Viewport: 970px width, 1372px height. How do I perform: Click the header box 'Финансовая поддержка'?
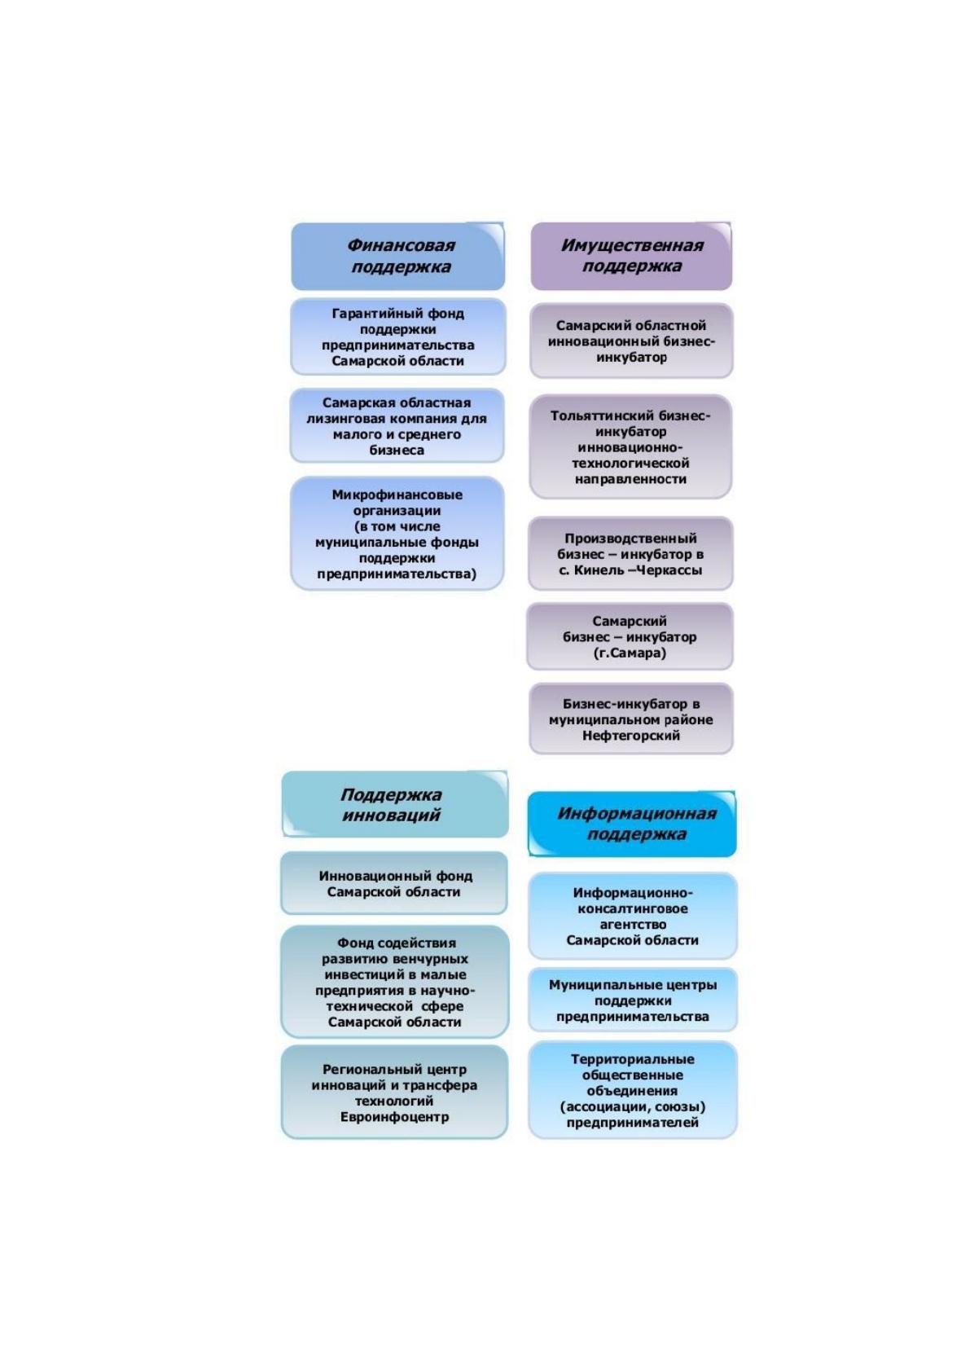[x=397, y=256]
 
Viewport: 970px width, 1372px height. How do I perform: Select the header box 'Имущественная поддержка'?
[x=631, y=255]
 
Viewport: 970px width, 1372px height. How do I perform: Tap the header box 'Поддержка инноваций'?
[x=395, y=804]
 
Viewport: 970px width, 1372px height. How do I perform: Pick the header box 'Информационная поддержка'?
[x=632, y=824]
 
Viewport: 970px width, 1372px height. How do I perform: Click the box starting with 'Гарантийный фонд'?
[x=398, y=336]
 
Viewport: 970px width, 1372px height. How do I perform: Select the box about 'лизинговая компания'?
[x=397, y=425]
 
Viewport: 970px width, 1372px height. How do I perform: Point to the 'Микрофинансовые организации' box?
[x=397, y=534]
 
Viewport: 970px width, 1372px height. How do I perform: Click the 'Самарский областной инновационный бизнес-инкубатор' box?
[x=631, y=341]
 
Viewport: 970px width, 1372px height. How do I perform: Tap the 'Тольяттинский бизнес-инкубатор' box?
[x=630, y=446]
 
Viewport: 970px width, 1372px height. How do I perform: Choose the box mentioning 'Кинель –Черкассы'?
[x=630, y=554]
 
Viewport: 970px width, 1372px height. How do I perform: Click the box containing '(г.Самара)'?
[x=630, y=636]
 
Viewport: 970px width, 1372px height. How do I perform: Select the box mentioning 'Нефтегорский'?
[x=631, y=719]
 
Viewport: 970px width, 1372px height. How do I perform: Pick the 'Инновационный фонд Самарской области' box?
[x=394, y=884]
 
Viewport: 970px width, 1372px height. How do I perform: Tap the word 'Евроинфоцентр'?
[x=394, y=1117]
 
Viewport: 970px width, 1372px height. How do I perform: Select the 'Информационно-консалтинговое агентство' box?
[x=633, y=917]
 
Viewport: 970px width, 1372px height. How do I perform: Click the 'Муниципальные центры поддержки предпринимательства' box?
[x=633, y=1000]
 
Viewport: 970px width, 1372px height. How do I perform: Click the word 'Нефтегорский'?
[x=630, y=736]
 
